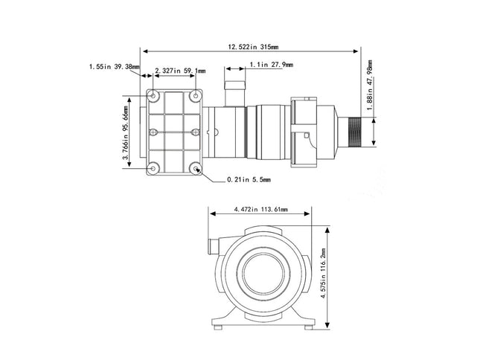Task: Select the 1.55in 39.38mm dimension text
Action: pyautogui.click(x=114, y=66)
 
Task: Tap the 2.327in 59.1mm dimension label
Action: pyautogui.click(x=179, y=71)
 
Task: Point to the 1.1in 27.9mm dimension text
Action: pyautogui.click(x=272, y=65)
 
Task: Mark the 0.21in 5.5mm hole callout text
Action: pyautogui.click(x=249, y=179)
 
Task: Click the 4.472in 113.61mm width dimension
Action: pyautogui.click(x=260, y=210)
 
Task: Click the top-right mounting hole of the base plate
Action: pyautogui.click(x=196, y=96)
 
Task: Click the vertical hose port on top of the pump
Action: pyautogui.click(x=235, y=87)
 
